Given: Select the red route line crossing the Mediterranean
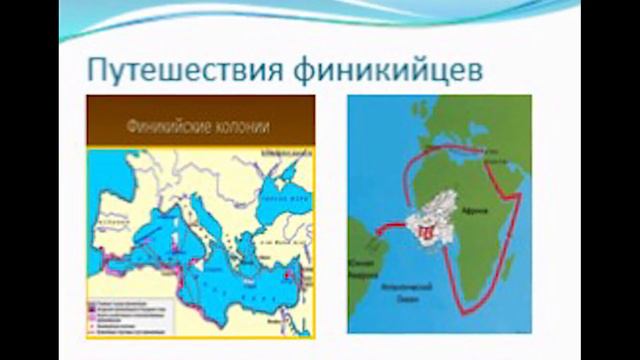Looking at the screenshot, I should pos(470,150).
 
